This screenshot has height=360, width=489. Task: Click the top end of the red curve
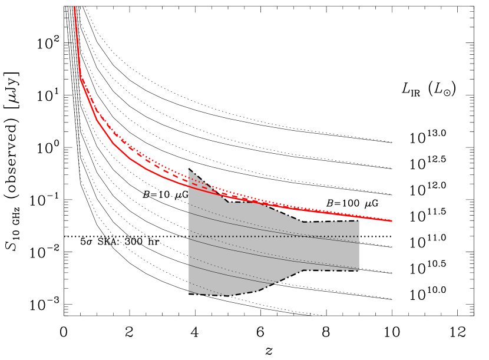(x=75, y=7)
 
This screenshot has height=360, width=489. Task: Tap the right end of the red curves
(x=392, y=221)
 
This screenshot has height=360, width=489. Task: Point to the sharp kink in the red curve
(x=81, y=78)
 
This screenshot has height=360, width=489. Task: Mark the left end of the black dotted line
(x=189, y=236)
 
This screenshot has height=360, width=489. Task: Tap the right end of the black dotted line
(x=359, y=236)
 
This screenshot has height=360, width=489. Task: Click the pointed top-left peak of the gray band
(x=189, y=170)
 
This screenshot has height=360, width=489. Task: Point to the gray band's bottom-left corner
(x=189, y=293)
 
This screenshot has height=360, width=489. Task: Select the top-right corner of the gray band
(x=359, y=222)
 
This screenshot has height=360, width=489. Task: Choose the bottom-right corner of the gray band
(x=359, y=270)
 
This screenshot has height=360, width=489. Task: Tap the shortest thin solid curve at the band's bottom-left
(x=193, y=292)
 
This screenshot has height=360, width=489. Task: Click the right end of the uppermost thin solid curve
(x=359, y=243)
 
